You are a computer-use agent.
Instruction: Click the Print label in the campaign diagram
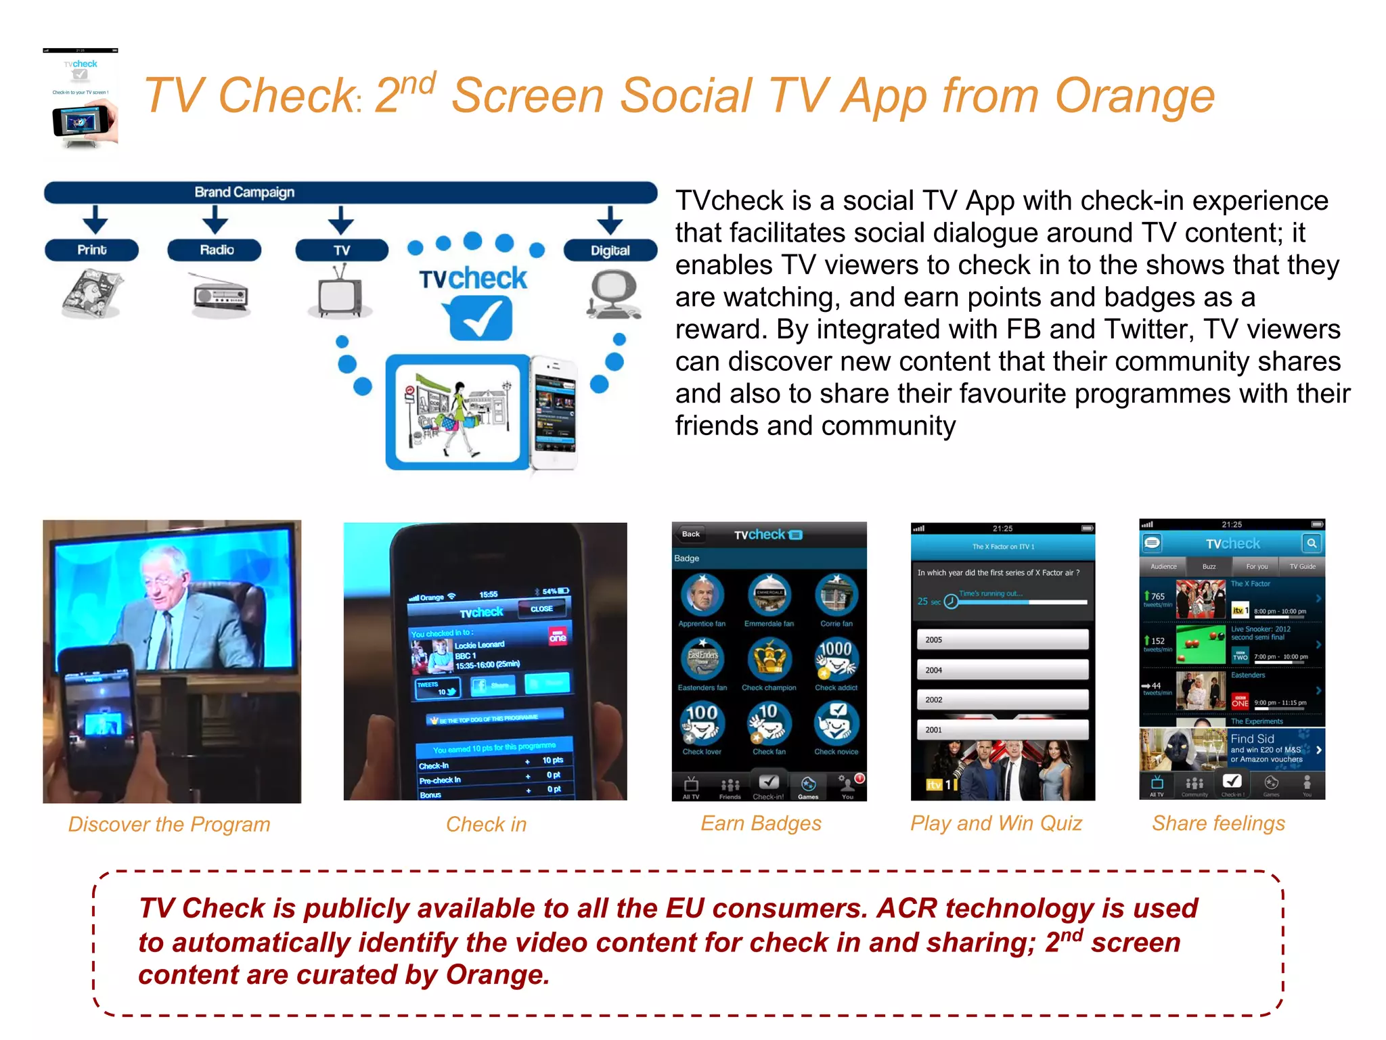click(x=91, y=250)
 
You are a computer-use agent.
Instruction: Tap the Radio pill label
click(x=216, y=250)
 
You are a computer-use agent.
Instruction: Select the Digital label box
click(x=610, y=250)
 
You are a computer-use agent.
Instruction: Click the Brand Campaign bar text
click(x=244, y=192)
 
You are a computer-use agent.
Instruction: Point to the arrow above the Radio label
click(x=215, y=220)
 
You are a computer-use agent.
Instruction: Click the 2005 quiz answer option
click(x=1002, y=639)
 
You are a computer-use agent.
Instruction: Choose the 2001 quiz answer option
click(x=1002, y=729)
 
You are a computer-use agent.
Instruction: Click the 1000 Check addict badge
click(x=836, y=658)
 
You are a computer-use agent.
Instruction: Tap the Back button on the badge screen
click(x=691, y=534)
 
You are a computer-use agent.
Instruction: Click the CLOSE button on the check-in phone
click(x=541, y=608)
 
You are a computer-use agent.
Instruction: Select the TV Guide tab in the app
click(x=1302, y=566)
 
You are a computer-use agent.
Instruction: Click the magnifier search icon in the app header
click(x=1312, y=543)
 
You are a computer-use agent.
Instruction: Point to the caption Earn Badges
click(x=761, y=823)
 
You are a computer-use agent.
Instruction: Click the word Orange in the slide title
click(x=1134, y=95)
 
